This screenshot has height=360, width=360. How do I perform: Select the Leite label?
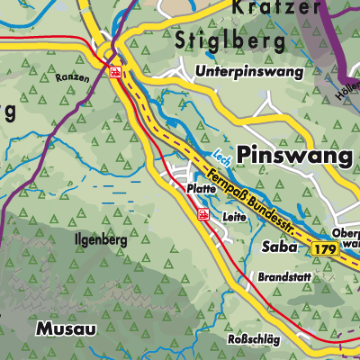pos(233,216)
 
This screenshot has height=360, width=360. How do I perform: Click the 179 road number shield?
pos(327,247)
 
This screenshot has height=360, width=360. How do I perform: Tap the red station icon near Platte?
pos(203,213)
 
